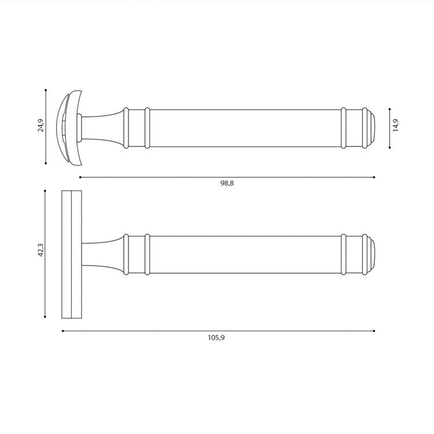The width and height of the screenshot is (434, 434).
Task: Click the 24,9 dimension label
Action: pyautogui.click(x=41, y=126)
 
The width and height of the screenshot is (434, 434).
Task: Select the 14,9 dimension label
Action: pyautogui.click(x=396, y=125)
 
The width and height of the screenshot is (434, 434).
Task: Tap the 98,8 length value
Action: pyautogui.click(x=227, y=183)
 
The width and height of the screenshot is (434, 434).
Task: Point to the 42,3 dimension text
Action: pyautogui.click(x=41, y=250)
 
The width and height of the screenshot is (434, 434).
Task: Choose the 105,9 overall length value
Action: pyautogui.click(x=216, y=338)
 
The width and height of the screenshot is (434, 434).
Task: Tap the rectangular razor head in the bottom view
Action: pyautogui.click(x=72, y=255)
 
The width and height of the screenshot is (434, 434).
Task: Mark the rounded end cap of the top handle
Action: pyautogui.click(x=371, y=128)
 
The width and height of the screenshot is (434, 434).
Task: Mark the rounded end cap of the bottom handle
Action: pyautogui.click(x=371, y=255)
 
